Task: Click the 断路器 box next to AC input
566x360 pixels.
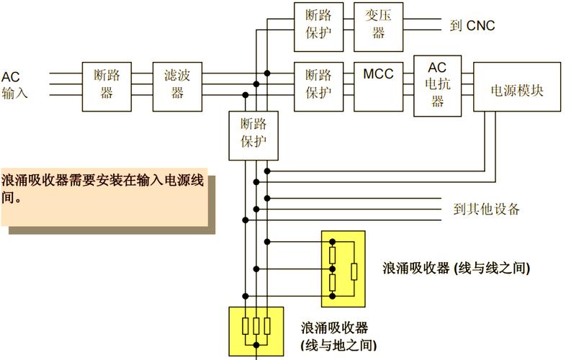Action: pyautogui.click(x=107, y=86)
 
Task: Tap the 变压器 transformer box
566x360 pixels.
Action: pyautogui.click(x=378, y=26)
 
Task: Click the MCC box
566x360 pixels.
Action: pyautogui.click(x=378, y=86)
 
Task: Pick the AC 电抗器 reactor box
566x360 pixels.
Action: pyautogui.click(x=437, y=86)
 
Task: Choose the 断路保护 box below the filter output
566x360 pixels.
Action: pyautogui.click(x=253, y=135)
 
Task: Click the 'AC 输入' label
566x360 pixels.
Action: pyautogui.click(x=14, y=85)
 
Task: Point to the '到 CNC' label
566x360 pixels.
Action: pyautogui.click(x=472, y=26)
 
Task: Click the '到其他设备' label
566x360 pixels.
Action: pyautogui.click(x=487, y=210)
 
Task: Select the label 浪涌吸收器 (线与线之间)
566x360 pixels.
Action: pyautogui.click(x=457, y=268)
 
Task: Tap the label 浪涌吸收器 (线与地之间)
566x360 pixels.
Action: pyautogui.click(x=338, y=336)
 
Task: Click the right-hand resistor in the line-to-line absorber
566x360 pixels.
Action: pyautogui.click(x=353, y=271)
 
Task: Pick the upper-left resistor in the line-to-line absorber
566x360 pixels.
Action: pyautogui.click(x=333, y=256)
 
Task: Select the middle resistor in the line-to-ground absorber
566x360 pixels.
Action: pyautogui.click(x=256, y=326)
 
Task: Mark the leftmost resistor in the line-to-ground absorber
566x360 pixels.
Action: pyautogui.click(x=245, y=326)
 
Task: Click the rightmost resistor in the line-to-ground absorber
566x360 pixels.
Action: pyautogui.click(x=267, y=326)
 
